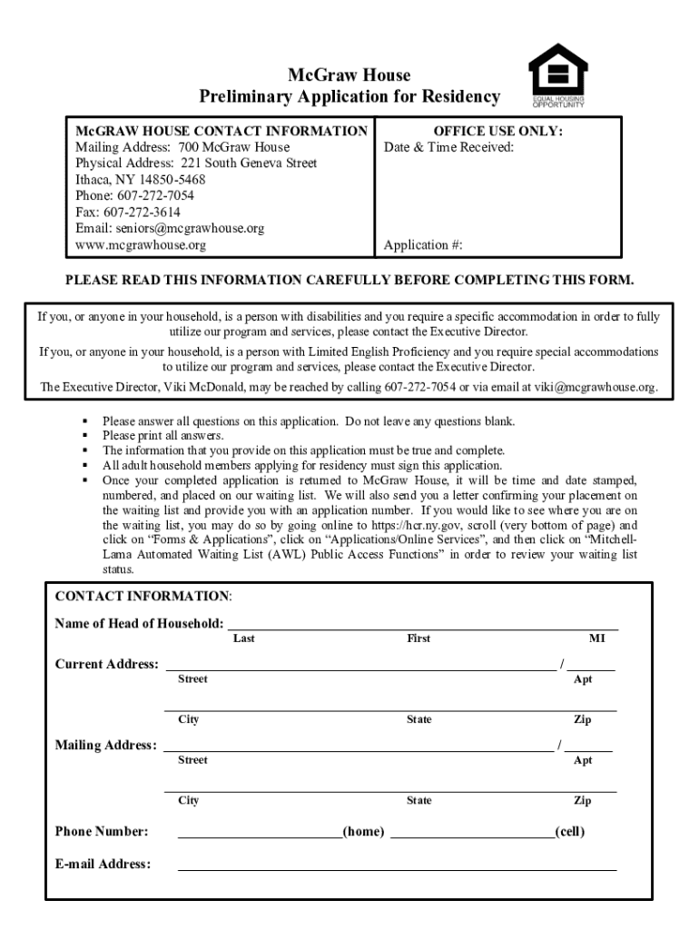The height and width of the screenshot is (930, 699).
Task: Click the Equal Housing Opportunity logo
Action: (x=557, y=75)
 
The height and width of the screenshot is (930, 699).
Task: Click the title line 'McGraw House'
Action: (x=349, y=75)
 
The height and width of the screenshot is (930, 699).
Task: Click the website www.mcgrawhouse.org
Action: (x=140, y=244)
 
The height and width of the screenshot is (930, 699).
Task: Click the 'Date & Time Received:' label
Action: (x=448, y=147)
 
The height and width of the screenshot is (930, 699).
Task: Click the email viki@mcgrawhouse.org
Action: (x=594, y=387)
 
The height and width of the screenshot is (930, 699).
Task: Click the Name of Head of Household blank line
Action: (x=422, y=625)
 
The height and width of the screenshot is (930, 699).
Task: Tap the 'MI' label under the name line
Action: (x=596, y=638)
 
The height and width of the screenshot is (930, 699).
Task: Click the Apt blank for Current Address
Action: (x=591, y=666)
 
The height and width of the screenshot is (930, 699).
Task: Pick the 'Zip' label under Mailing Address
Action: (x=582, y=800)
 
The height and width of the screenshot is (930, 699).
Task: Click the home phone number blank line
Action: (x=260, y=833)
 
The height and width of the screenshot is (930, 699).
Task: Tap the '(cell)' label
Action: (x=570, y=831)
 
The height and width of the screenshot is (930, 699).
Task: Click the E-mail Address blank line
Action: (x=397, y=866)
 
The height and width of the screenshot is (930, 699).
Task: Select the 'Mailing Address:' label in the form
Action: (x=105, y=745)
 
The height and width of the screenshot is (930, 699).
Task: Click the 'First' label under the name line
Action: (x=418, y=638)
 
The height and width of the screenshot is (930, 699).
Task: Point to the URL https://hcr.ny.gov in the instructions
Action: (x=417, y=525)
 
